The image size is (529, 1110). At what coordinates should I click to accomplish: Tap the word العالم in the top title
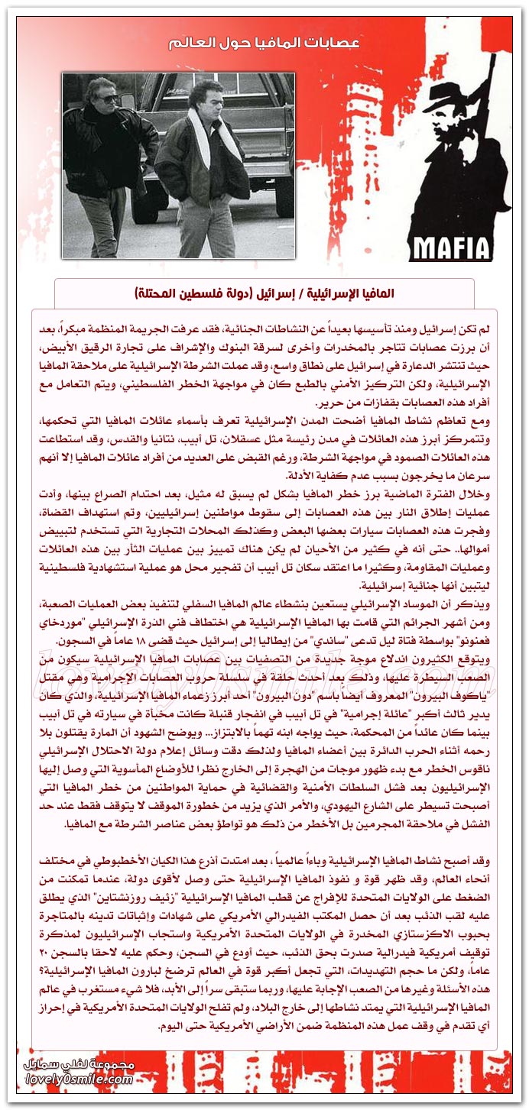pyautogui.click(x=189, y=44)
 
